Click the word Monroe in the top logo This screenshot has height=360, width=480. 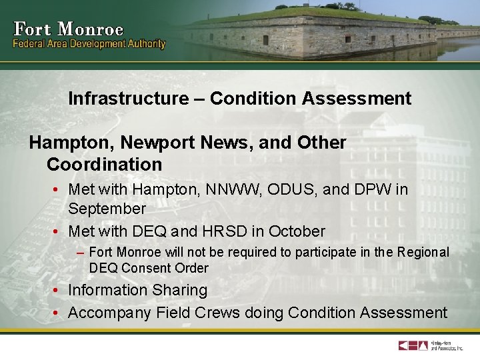pos(91,29)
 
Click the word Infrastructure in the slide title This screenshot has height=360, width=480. pos(129,99)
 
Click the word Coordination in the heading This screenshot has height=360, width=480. pos(104,164)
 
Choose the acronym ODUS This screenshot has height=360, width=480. pos(293,189)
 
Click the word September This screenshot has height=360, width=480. pos(107,209)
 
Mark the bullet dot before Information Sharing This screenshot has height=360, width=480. pos(57,290)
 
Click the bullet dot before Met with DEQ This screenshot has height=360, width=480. pos(57,231)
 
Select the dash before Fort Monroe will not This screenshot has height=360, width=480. pos(80,253)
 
